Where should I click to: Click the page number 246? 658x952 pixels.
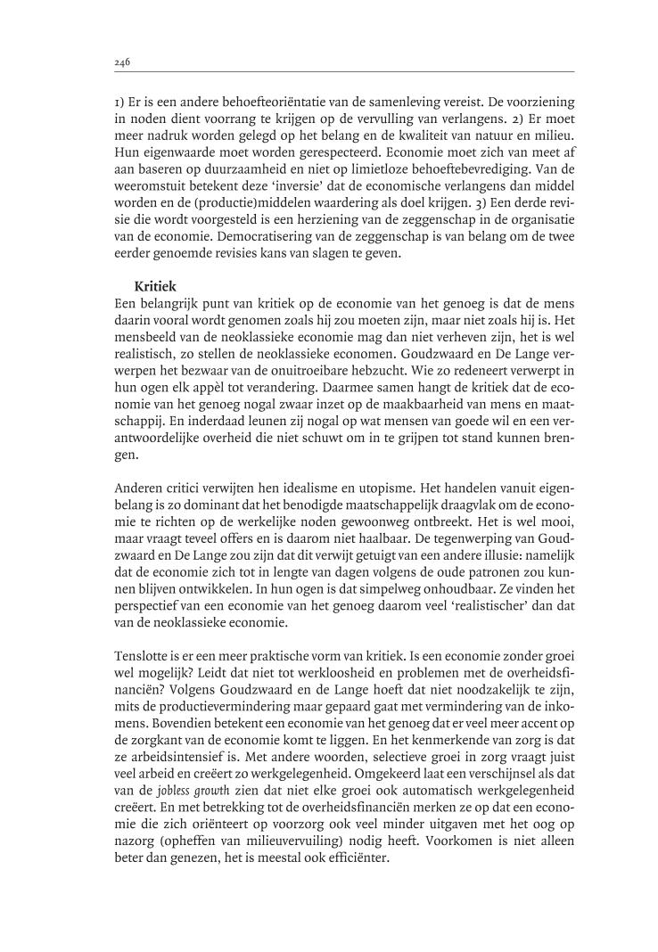point(123,62)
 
